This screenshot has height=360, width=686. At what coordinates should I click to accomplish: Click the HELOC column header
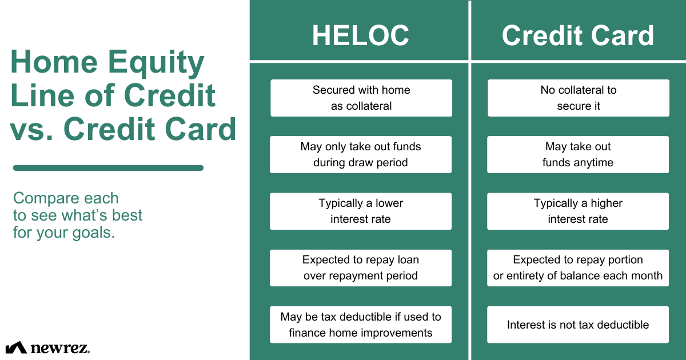360,35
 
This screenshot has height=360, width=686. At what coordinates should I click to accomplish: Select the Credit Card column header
577,35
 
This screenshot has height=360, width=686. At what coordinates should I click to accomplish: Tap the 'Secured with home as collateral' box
361,98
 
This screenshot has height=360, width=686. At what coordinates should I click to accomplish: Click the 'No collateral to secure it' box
578,98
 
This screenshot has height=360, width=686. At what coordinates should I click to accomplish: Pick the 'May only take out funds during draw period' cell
361,154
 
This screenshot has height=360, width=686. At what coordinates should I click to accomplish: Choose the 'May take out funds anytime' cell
578,154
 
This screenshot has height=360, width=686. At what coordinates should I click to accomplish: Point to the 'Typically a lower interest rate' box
361,211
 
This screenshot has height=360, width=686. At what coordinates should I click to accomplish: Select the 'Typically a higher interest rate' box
578,211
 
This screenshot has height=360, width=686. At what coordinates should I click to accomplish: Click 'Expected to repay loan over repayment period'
361,267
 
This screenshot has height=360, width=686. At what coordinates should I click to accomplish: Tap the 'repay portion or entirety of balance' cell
578,267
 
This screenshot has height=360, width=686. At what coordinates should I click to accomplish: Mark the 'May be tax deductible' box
361,325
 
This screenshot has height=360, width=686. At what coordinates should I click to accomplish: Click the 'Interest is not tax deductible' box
578,325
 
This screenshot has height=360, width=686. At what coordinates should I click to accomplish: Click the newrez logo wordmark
59,347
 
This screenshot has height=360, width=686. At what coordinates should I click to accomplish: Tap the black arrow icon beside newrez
16,347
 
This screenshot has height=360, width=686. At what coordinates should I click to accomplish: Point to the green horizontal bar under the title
108,168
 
